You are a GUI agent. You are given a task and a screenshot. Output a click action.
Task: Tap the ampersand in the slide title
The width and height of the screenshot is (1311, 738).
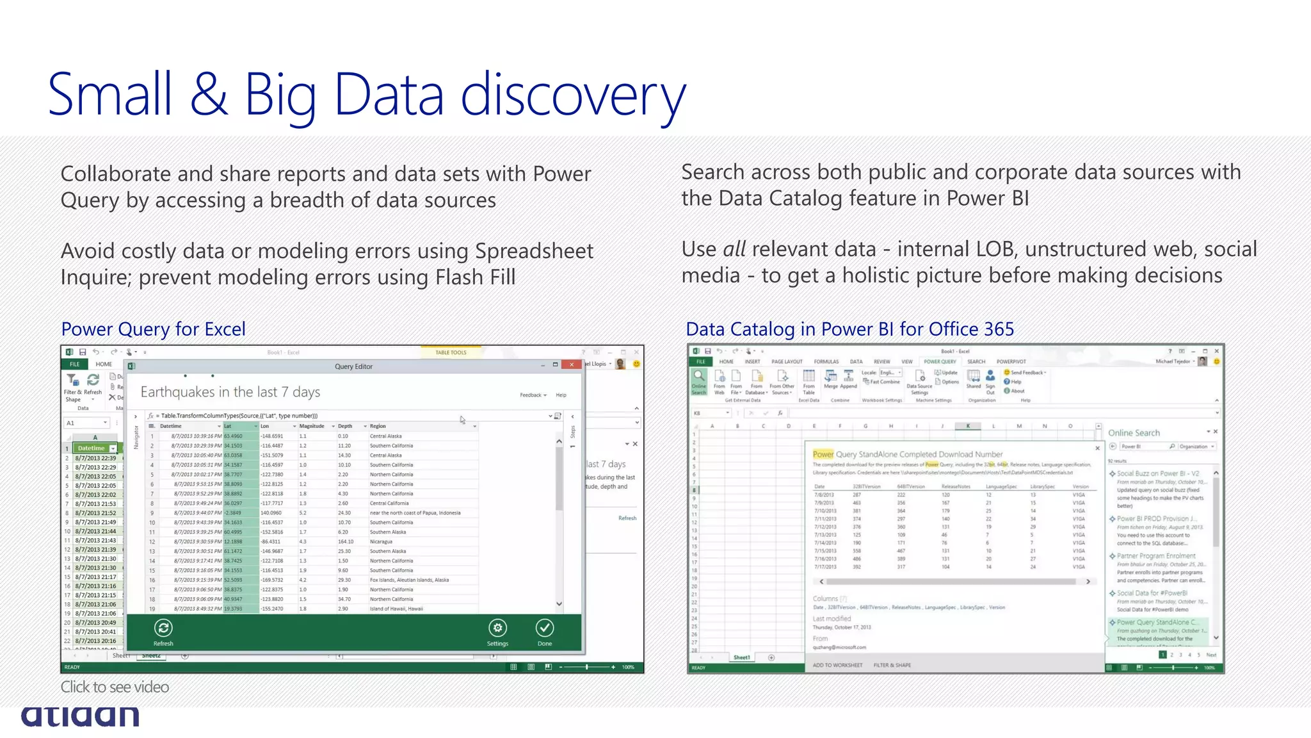point(209,95)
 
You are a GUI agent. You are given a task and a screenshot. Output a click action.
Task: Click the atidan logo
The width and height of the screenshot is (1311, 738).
point(80,716)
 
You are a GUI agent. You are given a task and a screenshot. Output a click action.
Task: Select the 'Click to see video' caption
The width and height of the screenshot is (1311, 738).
point(115,687)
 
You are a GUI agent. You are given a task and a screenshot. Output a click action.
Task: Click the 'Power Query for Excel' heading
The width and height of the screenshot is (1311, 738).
point(154,329)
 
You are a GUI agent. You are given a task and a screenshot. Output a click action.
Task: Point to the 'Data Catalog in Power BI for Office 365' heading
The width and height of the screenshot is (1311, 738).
point(849,329)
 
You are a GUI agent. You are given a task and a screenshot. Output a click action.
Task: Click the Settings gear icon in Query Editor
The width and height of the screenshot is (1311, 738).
point(497,628)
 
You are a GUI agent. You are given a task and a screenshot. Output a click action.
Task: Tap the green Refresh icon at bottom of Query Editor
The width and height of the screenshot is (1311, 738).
point(163,628)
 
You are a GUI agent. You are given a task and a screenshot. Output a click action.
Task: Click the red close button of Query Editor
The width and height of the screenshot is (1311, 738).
point(572,365)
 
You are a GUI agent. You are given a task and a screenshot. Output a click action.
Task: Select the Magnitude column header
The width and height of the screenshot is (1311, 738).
point(312,426)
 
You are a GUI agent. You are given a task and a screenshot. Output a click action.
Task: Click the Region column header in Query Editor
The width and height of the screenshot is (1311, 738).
point(378,426)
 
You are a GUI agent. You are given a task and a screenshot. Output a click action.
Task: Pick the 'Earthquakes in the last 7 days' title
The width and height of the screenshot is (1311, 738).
point(230,392)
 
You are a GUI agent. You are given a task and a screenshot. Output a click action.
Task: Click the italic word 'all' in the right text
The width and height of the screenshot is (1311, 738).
point(734,249)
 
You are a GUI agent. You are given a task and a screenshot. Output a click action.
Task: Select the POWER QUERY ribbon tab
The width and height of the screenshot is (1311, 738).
point(940,361)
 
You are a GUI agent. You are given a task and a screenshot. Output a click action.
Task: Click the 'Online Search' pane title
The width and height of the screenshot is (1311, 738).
point(1134,433)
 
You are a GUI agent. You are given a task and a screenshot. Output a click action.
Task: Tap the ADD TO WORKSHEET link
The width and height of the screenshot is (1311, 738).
point(837,665)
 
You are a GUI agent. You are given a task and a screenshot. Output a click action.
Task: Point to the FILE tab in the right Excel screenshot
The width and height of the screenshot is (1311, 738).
point(700,361)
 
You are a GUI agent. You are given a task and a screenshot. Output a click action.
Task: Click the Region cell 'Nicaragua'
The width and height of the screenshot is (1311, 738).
point(381,541)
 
